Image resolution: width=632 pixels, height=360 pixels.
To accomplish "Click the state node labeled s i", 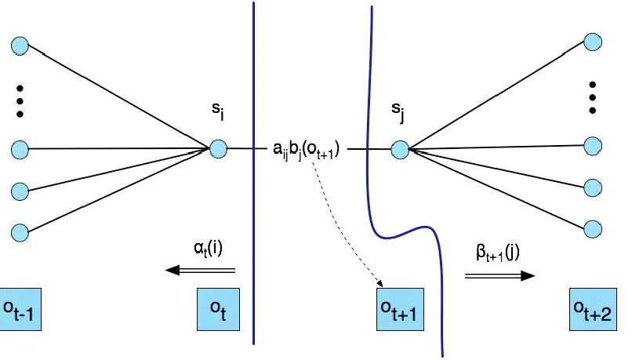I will [x=218, y=147].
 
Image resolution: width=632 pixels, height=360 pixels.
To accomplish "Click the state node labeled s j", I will [x=398, y=148].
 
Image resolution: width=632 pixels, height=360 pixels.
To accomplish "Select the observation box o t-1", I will [x=21, y=309].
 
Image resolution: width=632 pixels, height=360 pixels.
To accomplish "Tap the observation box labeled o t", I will [x=215, y=309].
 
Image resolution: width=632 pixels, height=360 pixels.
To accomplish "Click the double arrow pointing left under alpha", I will [x=199, y=270].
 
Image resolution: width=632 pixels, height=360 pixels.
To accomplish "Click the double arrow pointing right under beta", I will [x=499, y=275].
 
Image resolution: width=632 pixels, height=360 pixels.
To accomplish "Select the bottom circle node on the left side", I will [x=19, y=231].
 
